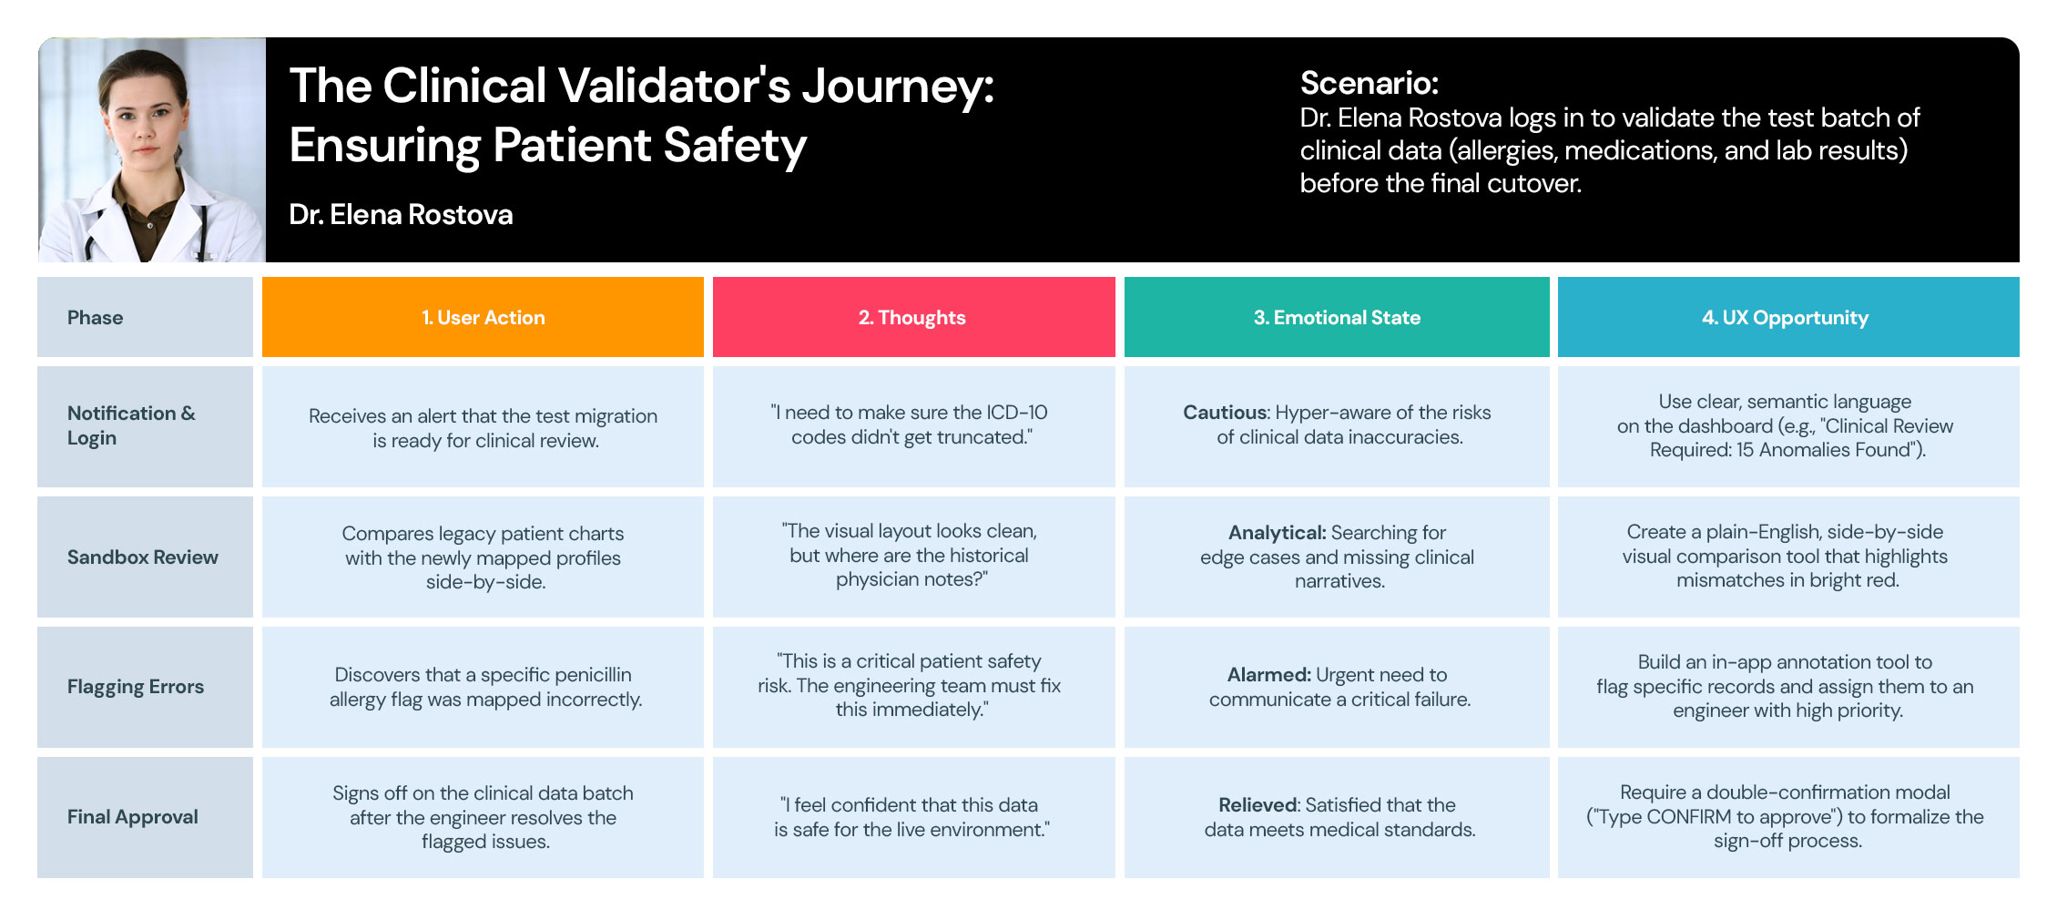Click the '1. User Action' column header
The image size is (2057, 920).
pyautogui.click(x=483, y=317)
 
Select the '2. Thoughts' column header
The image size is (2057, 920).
pyautogui.click(x=913, y=317)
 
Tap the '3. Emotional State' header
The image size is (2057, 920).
pyautogui.click(x=1337, y=317)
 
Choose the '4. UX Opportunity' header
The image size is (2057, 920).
pyautogui.click(x=1788, y=317)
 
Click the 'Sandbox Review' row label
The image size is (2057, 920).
pyautogui.click(x=143, y=557)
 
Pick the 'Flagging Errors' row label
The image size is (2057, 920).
pyautogui.click(x=136, y=687)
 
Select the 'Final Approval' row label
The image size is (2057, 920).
pyautogui.click(x=133, y=817)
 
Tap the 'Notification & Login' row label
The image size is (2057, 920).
pyautogui.click(x=131, y=425)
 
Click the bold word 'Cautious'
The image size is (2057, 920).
pyautogui.click(x=1225, y=413)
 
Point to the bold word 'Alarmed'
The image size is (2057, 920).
pyautogui.click(x=1268, y=675)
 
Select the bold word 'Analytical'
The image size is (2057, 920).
pyautogui.click(x=1277, y=533)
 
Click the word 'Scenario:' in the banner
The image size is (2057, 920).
pyautogui.click(x=1369, y=83)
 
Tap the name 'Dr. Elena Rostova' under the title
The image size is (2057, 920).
pyautogui.click(x=401, y=215)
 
